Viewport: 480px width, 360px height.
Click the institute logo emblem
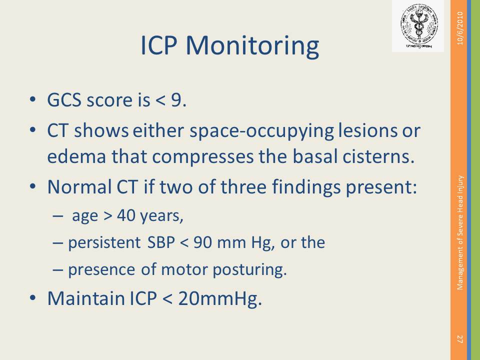419,26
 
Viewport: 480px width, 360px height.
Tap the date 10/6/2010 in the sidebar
460,28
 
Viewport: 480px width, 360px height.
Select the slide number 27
460,339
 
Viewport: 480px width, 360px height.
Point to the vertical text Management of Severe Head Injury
460,232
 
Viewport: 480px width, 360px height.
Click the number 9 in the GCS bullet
176,100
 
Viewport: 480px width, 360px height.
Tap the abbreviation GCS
64,100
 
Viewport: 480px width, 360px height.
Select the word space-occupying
261,131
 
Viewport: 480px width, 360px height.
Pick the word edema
77,156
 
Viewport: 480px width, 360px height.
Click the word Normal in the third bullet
79,186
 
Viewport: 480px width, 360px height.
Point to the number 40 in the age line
126,215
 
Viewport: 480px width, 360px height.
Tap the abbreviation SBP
161,242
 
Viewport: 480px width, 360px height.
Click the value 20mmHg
220,299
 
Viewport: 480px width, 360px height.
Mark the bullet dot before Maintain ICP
33,298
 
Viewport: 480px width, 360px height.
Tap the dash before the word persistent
58,243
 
